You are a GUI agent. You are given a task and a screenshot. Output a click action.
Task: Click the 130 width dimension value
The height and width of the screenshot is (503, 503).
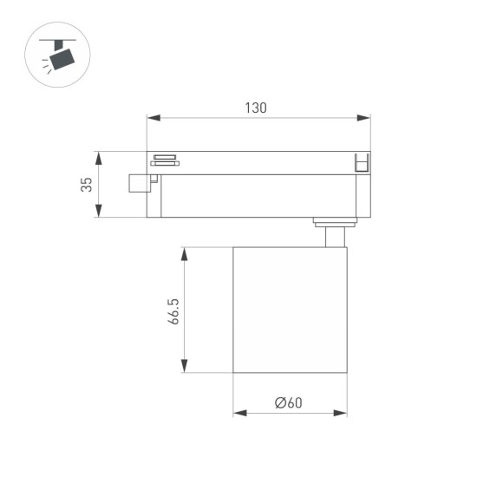pyautogui.click(x=255, y=108)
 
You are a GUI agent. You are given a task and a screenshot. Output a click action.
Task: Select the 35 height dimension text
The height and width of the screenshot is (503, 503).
pyautogui.click(x=86, y=185)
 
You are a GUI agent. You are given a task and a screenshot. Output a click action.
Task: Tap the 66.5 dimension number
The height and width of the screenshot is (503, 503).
pyautogui.click(x=173, y=310)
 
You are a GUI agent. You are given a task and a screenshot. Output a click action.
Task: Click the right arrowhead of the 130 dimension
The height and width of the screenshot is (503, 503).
pyautogui.click(x=364, y=118)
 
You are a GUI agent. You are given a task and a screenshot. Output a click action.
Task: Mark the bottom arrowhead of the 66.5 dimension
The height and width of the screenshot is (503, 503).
pyautogui.click(x=184, y=368)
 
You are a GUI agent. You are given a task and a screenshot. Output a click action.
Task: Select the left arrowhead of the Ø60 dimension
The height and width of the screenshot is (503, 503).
pyautogui.click(x=238, y=413)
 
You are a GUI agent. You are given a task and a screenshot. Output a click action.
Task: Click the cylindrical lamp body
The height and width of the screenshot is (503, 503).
pyautogui.click(x=290, y=310)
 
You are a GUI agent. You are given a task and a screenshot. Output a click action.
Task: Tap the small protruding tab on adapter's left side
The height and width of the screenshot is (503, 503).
pyautogui.click(x=137, y=183)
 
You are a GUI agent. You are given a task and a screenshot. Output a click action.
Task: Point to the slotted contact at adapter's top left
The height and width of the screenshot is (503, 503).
pyautogui.click(x=165, y=159)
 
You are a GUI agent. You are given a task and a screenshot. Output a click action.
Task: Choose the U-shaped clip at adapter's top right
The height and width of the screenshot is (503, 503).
pyautogui.click(x=363, y=162)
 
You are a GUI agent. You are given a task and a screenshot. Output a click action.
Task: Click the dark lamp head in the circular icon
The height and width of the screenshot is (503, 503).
pyautogui.click(x=62, y=58)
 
